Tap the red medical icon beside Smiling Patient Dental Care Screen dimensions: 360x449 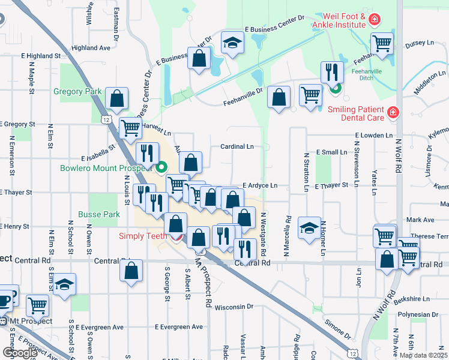(393, 112)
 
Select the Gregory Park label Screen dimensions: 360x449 (77, 91)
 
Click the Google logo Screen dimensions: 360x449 (20, 352)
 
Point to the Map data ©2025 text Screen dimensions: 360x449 (424, 355)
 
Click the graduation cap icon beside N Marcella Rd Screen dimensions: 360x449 (309, 227)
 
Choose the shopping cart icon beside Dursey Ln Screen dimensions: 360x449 (382, 43)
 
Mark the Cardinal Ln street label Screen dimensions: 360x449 (237, 146)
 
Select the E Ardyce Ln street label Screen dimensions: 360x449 (260, 186)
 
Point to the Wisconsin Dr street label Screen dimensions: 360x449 (234, 306)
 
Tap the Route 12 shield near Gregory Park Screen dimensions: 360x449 (106, 119)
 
